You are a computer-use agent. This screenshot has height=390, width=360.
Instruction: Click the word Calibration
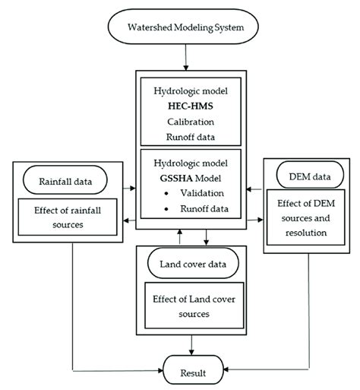point(180,122)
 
